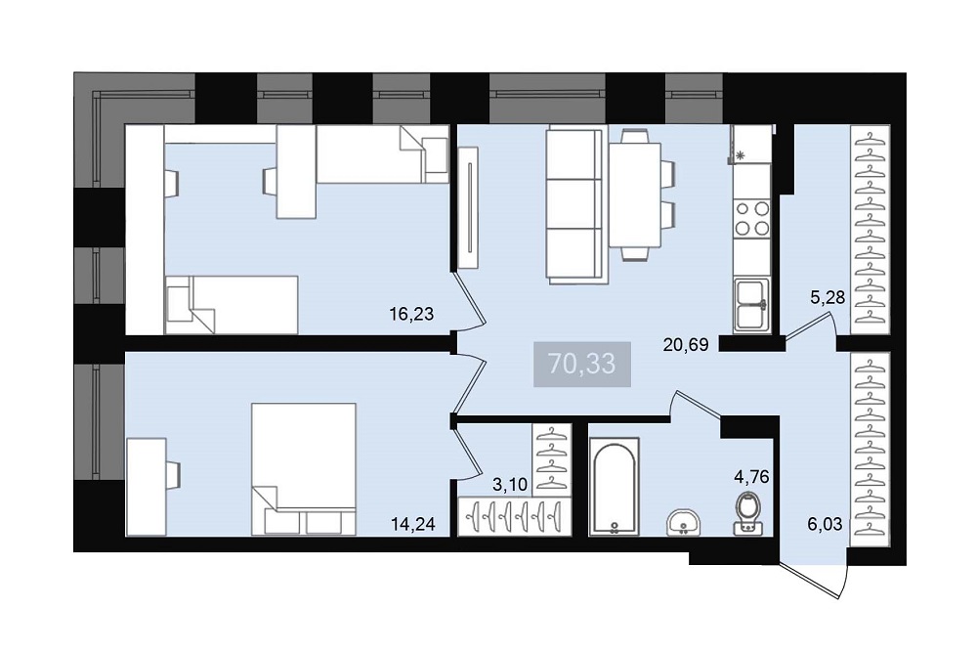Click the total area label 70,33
point(582,364)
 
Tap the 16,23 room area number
point(411,314)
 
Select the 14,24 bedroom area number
point(412,524)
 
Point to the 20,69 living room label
point(686,345)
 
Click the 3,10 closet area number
point(510,485)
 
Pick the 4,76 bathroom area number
point(751,477)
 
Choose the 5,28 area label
point(828,298)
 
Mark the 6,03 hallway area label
point(825,524)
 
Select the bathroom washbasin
point(684,522)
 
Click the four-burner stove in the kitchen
point(752,218)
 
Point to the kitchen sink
point(752,305)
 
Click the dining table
point(635,195)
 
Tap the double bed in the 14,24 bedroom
point(304,469)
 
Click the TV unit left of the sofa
point(468,208)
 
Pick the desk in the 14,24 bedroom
point(147,486)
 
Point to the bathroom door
point(697,404)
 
